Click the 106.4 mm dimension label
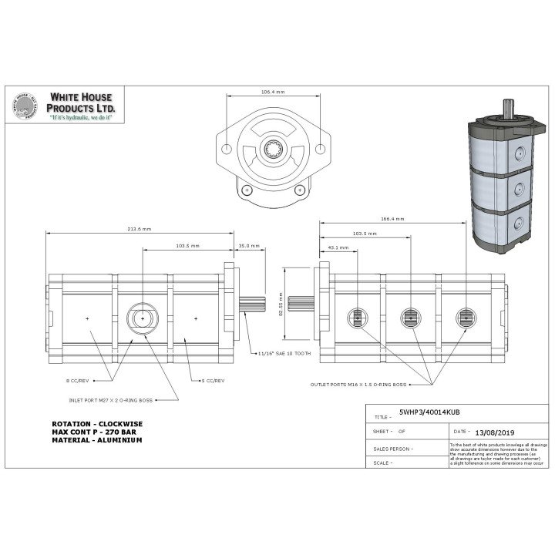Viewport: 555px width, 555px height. pyautogui.click(x=274, y=92)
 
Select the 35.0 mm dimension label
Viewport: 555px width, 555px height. pyautogui.click(x=248, y=246)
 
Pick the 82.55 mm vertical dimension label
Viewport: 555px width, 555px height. pyautogui.click(x=281, y=314)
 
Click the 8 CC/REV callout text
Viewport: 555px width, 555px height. pyautogui.click(x=80, y=380)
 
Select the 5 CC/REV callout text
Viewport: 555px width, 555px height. pyautogui.click(x=211, y=380)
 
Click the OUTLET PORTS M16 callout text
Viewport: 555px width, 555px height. pyautogui.click(x=358, y=383)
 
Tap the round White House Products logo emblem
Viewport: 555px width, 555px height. pyautogui.click(x=25, y=109)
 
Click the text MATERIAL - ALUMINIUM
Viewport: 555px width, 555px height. pyautogui.click(x=98, y=439)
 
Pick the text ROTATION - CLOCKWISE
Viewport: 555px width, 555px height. pyautogui.click(x=97, y=424)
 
